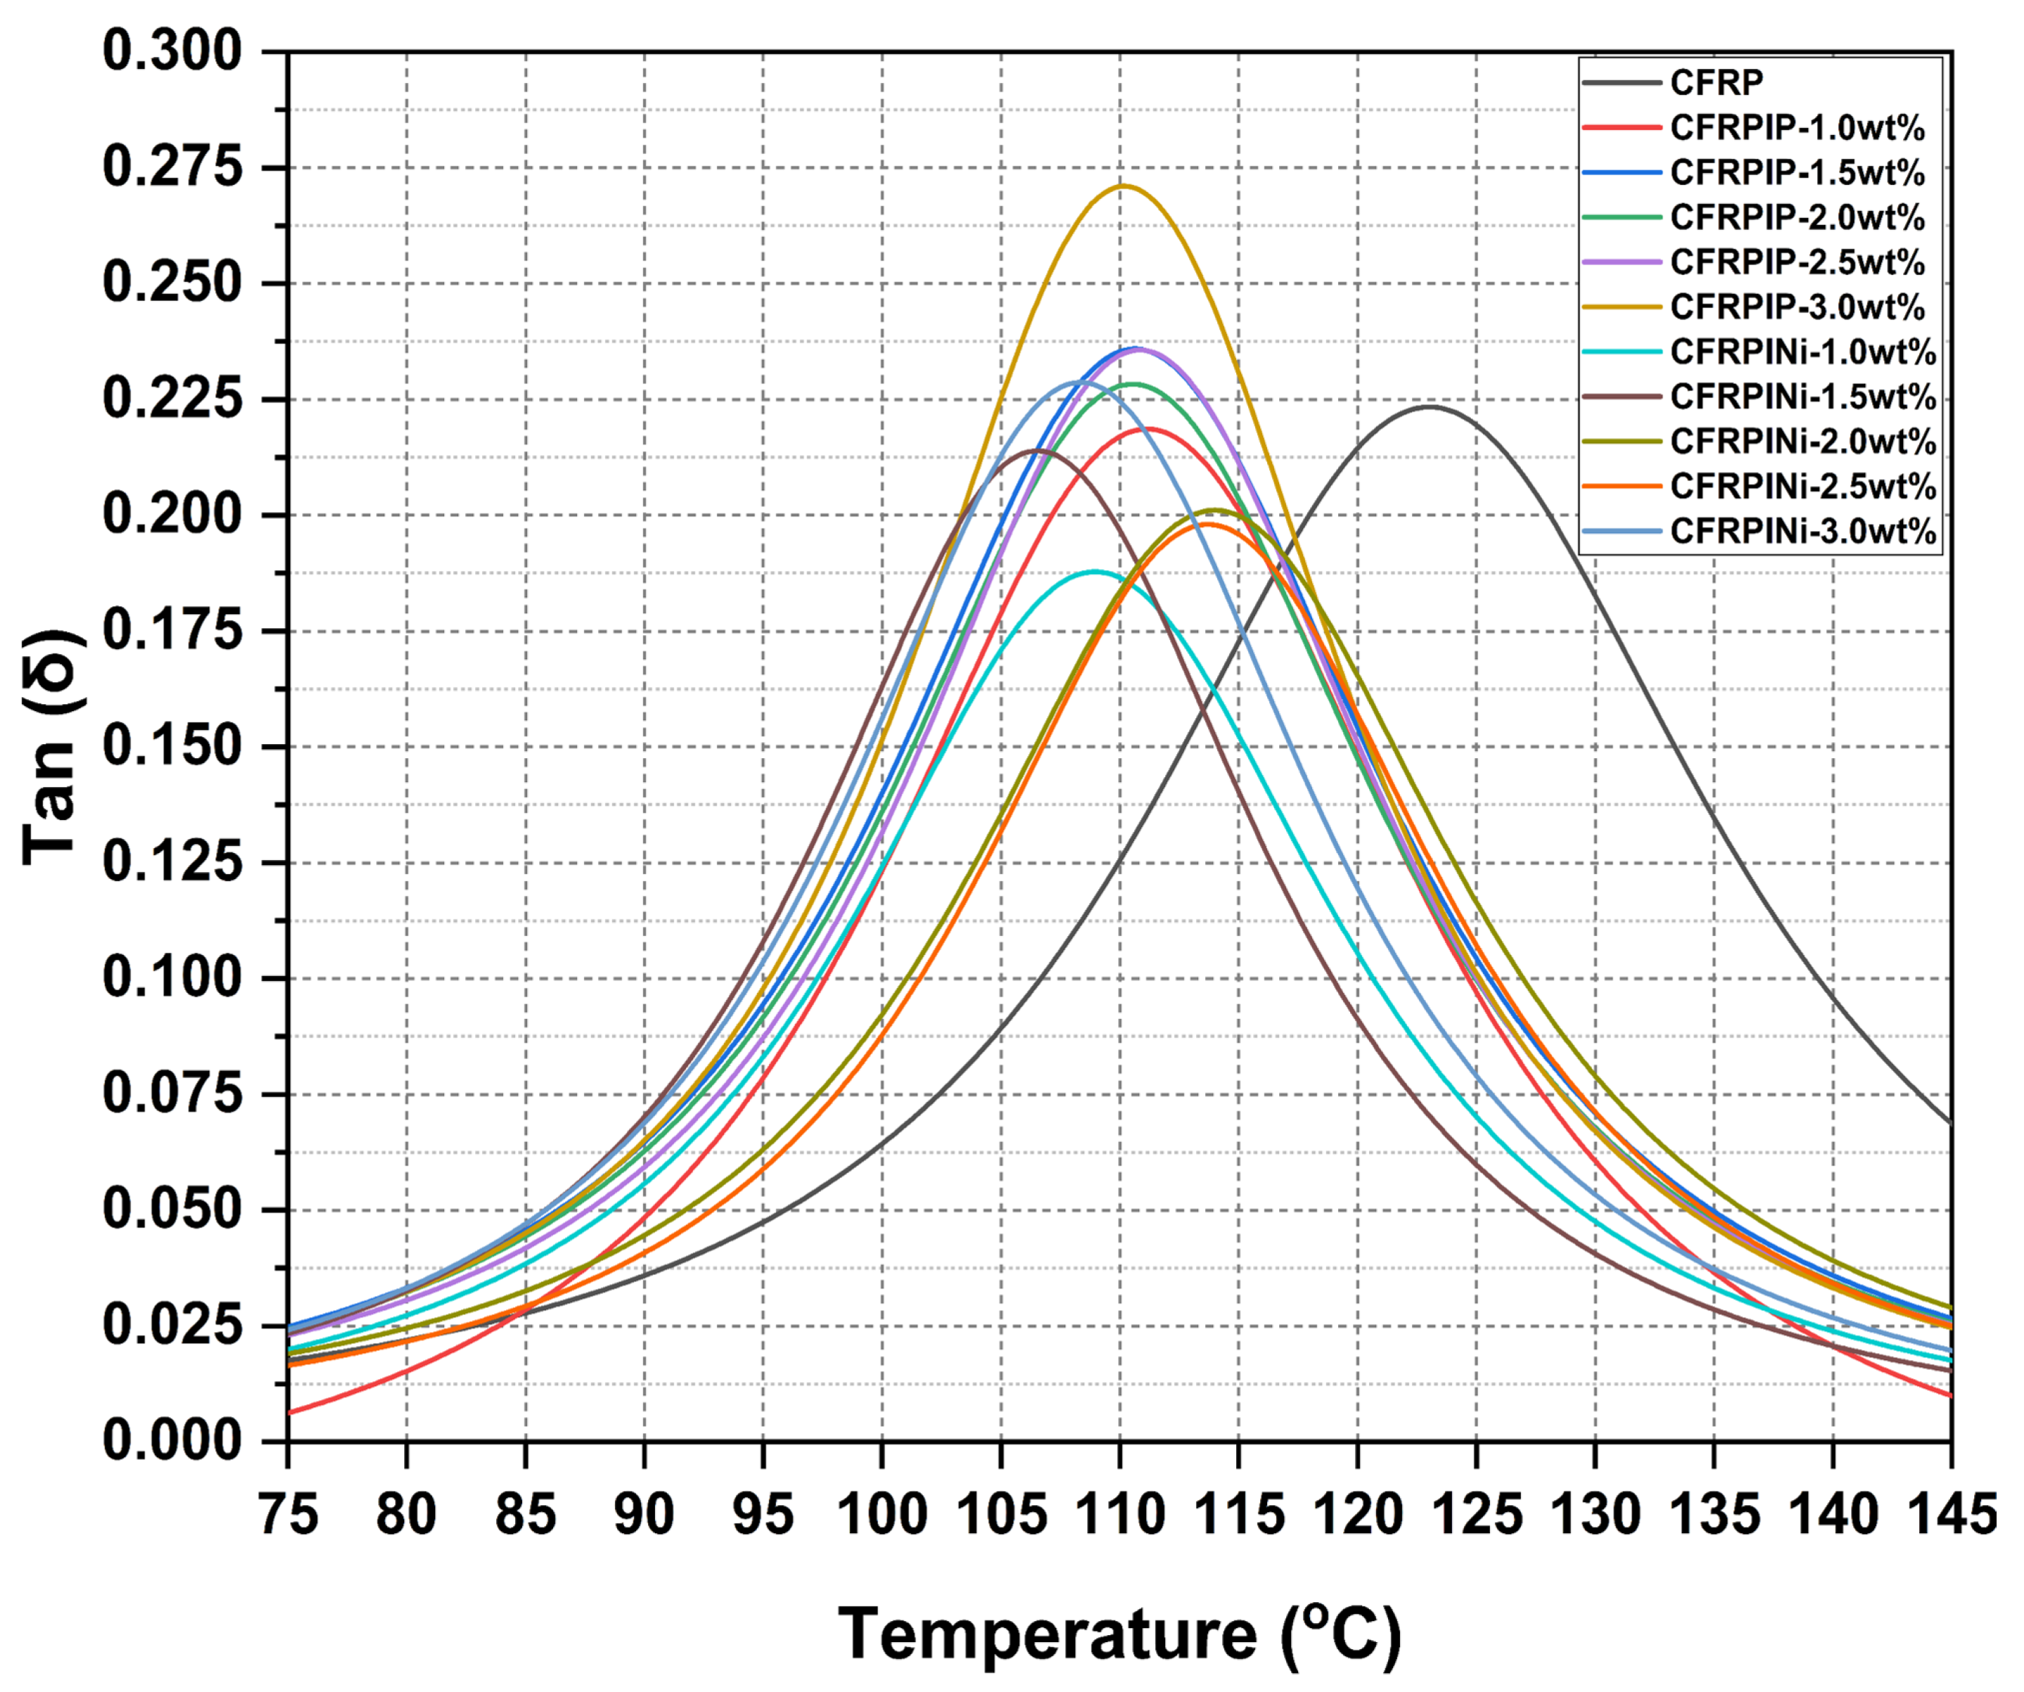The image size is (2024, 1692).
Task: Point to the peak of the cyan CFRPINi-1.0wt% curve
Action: [x=1094, y=571]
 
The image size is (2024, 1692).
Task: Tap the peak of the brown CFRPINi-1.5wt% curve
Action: [x=1037, y=450]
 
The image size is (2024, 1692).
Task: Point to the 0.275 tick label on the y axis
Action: [x=172, y=168]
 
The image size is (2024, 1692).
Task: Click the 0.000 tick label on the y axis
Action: [x=172, y=1441]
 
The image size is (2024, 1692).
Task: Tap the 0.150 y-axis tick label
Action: [x=172, y=747]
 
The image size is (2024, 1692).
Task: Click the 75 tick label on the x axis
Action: [x=288, y=1515]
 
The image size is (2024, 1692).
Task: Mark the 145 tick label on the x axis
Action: [x=1949, y=1515]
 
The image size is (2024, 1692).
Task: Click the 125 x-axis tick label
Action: [x=1476, y=1515]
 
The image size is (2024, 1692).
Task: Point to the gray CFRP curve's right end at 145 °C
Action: [x=1950, y=1124]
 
